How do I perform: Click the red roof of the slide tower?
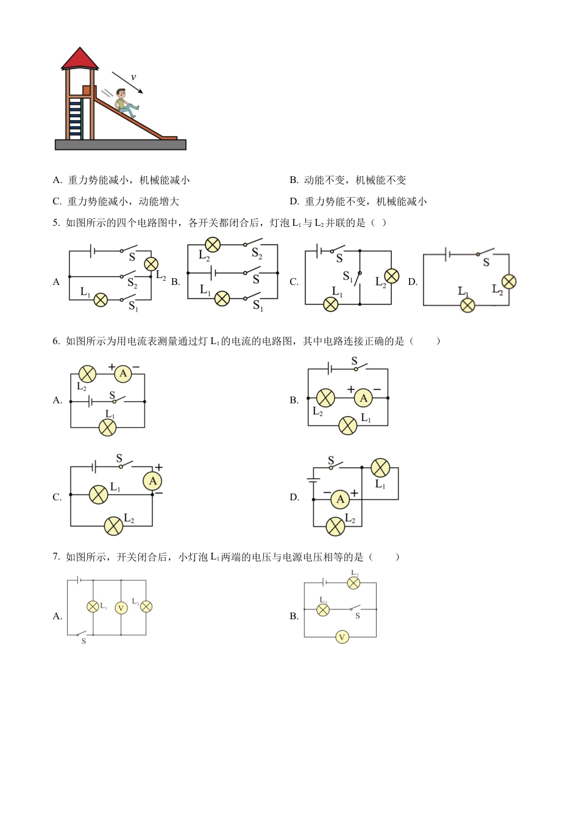click(x=80, y=59)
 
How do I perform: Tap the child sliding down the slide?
click(x=126, y=103)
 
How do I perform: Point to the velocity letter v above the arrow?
click(x=133, y=77)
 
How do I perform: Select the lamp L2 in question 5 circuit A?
click(x=151, y=264)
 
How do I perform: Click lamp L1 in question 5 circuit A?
click(x=101, y=300)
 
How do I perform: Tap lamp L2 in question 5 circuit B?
click(x=212, y=245)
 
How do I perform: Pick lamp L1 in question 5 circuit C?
click(x=330, y=304)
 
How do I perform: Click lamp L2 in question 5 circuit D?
click(x=508, y=281)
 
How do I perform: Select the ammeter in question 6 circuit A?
click(x=123, y=374)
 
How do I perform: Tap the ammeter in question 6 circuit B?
click(x=363, y=398)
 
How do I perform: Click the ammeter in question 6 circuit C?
click(x=152, y=481)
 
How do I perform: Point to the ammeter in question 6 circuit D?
click(x=340, y=500)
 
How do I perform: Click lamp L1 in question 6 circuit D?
click(x=380, y=468)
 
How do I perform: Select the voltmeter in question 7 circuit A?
click(x=121, y=608)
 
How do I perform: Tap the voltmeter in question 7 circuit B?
click(x=342, y=637)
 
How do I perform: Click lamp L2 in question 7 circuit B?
click(x=353, y=583)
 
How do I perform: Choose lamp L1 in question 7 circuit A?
click(x=93, y=606)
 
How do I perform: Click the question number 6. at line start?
click(x=57, y=341)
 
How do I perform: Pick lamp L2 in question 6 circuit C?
click(x=113, y=526)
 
